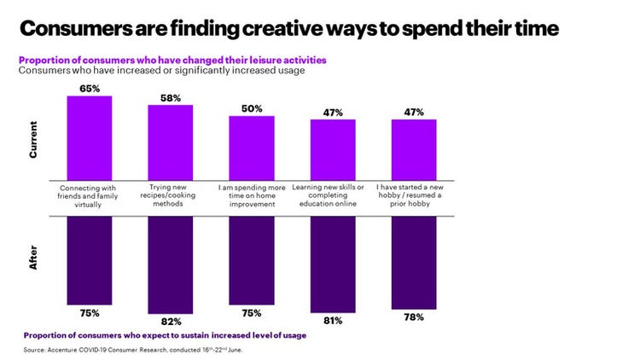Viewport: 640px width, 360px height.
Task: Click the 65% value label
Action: pyautogui.click(x=90, y=87)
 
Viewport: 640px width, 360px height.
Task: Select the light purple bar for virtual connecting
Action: pyautogui.click(x=90, y=136)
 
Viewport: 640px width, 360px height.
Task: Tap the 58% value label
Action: pyautogui.click(x=171, y=98)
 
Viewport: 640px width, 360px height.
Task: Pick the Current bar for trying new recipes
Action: pyautogui.click(x=171, y=142)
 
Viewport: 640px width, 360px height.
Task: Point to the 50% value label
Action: pyautogui.click(x=252, y=108)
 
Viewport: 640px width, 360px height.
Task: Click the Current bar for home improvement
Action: pyautogui.click(x=252, y=147)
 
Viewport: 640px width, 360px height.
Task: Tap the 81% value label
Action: pyautogui.click(x=333, y=320)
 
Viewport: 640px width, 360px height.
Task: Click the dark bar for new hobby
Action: pyautogui.click(x=414, y=260)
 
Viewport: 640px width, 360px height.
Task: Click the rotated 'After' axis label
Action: pyautogui.click(x=33, y=258)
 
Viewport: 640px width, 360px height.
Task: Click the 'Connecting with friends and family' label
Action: pyautogui.click(x=90, y=190)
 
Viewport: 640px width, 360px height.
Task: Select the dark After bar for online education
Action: pyautogui.click(x=333, y=262)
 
